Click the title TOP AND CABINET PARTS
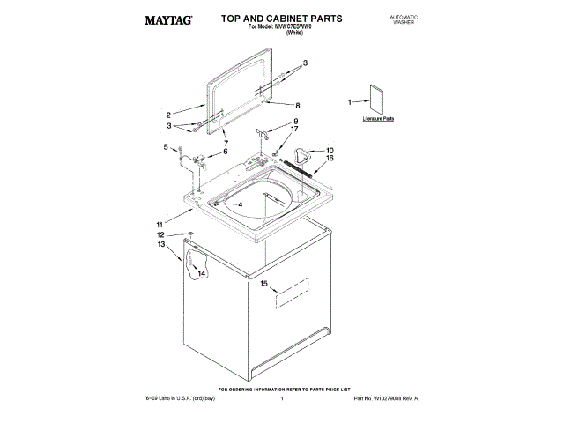pos(269,18)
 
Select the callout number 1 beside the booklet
pos(350,101)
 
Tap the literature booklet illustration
pos(379,99)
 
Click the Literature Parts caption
pos(378,117)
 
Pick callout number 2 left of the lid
pos(167,115)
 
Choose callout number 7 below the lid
pos(226,142)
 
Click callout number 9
pos(296,121)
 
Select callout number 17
pos(295,129)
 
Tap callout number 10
pos(330,151)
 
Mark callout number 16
pos(330,159)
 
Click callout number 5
pos(166,146)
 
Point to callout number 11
pos(160,224)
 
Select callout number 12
pos(160,235)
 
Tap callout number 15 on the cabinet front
pos(263,283)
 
